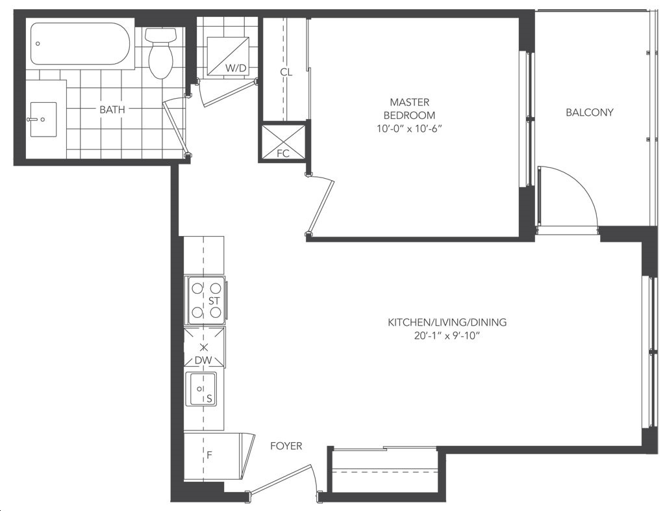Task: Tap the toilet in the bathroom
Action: [x=160, y=53]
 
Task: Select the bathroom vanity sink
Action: [x=43, y=119]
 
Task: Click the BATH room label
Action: [x=112, y=109]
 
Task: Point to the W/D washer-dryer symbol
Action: [x=227, y=57]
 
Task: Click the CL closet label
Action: [x=286, y=72]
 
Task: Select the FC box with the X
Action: [x=283, y=143]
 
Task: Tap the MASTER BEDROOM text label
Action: [x=410, y=109]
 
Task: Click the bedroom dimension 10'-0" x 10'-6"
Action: [x=410, y=129]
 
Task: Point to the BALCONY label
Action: [x=590, y=112]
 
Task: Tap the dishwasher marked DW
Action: [x=205, y=348]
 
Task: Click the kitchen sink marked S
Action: [x=203, y=389]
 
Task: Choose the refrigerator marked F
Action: [x=214, y=456]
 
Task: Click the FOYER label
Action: [x=286, y=446]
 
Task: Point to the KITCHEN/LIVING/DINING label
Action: [x=447, y=322]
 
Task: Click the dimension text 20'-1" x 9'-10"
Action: [x=447, y=336]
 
